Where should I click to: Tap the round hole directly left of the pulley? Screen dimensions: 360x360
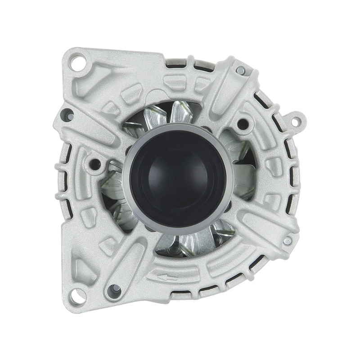tap(95, 162)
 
